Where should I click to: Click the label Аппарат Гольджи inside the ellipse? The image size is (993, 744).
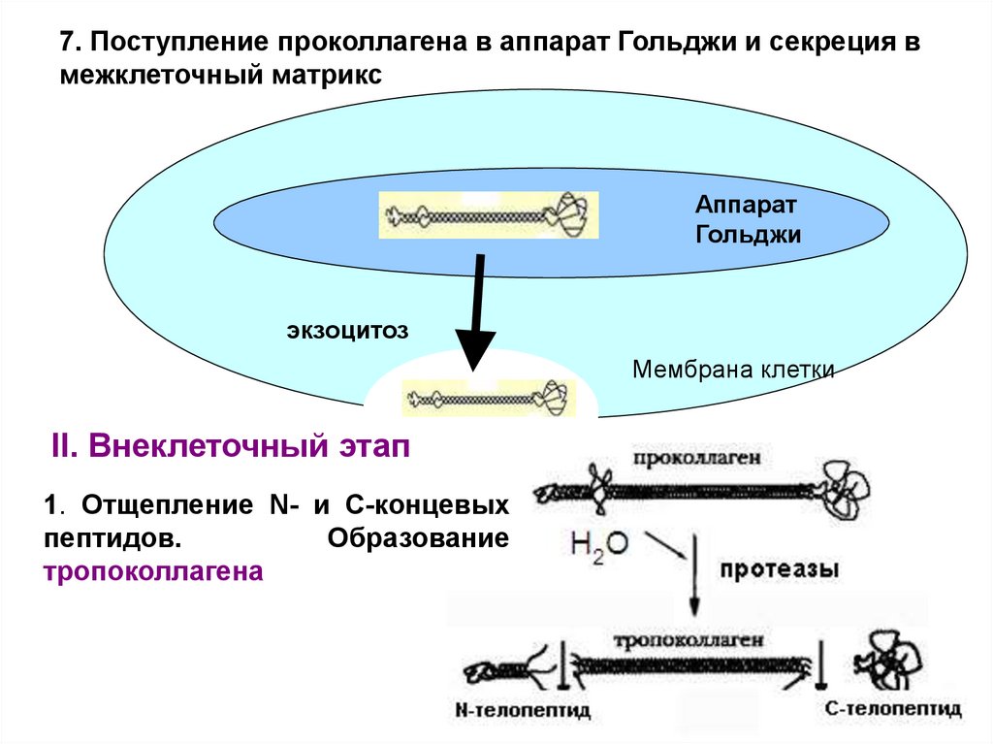[747, 219]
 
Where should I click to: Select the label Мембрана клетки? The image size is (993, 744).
[732, 370]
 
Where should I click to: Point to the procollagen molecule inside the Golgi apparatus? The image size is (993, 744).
[488, 214]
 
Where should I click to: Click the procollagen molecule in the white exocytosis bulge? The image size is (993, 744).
[488, 397]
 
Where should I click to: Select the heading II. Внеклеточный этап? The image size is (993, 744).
[230, 448]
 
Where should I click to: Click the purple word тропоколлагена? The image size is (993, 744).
[153, 571]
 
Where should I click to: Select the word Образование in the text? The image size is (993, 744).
[418, 538]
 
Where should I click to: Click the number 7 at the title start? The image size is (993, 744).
[67, 43]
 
